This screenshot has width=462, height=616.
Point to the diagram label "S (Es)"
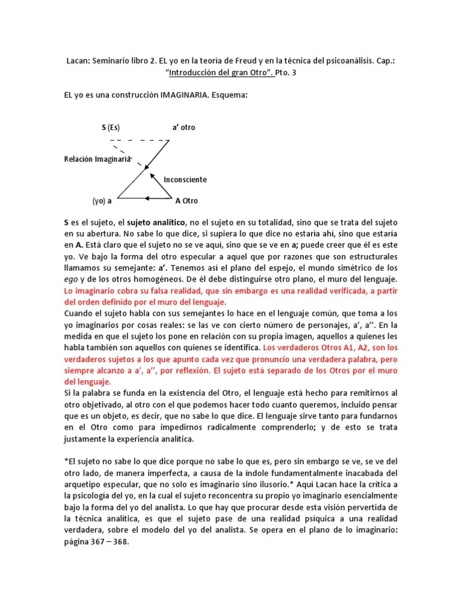click(x=111, y=128)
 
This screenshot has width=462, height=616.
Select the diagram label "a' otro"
click(x=183, y=128)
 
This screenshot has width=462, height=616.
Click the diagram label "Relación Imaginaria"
click(x=97, y=159)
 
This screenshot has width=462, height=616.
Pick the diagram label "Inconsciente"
click(x=186, y=179)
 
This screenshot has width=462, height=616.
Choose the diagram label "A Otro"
click(x=186, y=200)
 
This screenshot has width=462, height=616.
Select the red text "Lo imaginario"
click(x=90, y=291)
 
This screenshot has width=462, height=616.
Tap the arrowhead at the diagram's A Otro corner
click(x=169, y=197)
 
